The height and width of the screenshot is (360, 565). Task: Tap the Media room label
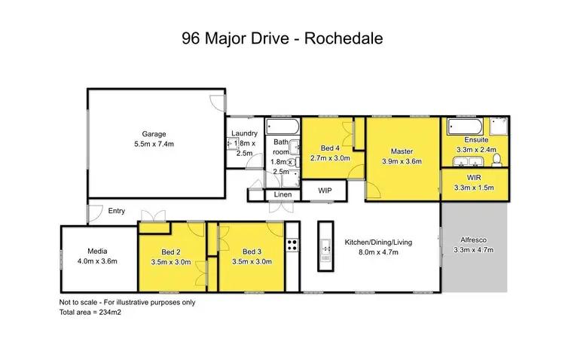[98, 251]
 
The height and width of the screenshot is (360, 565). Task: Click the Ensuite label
[477, 140]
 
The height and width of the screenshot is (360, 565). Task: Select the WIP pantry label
[325, 191]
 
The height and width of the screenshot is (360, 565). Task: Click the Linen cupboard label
[282, 195]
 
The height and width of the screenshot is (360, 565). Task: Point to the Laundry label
[244, 133]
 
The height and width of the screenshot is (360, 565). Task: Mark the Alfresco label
[477, 241]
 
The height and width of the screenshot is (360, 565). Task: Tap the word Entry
[117, 211]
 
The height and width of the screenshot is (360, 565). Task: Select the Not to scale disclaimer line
[127, 302]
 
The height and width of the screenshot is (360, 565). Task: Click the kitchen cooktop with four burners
[292, 245]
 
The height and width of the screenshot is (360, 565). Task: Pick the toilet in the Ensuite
[498, 158]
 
